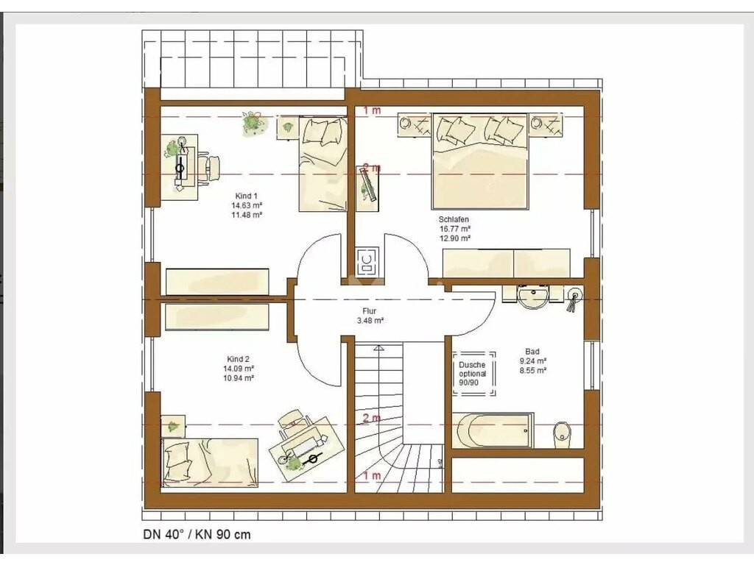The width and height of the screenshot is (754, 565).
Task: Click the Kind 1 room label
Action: (x=246, y=196)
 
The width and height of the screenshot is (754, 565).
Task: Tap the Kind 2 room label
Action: (x=238, y=359)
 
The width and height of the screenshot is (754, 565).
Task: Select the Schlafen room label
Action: (x=454, y=219)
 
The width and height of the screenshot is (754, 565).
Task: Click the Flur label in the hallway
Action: (x=370, y=311)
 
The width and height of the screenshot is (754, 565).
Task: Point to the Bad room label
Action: (x=532, y=352)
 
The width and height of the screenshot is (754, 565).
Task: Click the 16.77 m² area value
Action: (x=454, y=230)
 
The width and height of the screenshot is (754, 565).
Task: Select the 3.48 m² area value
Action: (x=370, y=321)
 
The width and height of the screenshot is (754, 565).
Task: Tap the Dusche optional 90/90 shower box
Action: (x=473, y=374)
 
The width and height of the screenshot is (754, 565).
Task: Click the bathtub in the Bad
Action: (x=493, y=430)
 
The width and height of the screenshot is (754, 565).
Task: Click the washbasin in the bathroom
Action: (x=533, y=296)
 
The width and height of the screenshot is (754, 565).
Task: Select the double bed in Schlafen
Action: (x=480, y=161)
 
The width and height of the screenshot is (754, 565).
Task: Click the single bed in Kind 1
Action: (x=323, y=164)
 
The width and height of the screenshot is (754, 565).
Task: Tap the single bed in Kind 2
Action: (x=210, y=463)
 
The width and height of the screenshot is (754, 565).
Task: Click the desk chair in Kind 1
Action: (x=210, y=167)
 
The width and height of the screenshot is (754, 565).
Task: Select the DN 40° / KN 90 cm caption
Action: (x=197, y=535)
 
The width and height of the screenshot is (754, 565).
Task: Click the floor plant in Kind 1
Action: (x=253, y=124)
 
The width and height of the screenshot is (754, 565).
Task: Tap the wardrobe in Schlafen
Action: (x=507, y=263)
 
